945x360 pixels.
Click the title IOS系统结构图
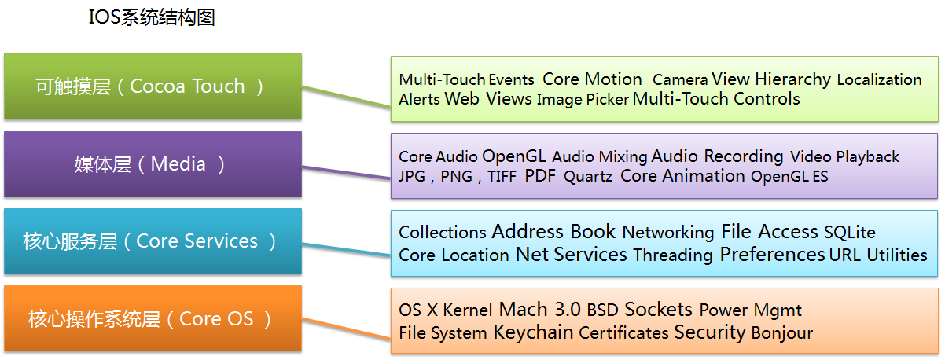[152, 17]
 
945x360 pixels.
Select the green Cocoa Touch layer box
[153, 86]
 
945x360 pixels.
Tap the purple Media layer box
[153, 164]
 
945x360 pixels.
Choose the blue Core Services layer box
[153, 241]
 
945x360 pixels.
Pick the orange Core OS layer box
[153, 318]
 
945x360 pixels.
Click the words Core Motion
[592, 79]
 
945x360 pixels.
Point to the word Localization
[879, 79]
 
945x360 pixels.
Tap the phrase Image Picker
[583, 100]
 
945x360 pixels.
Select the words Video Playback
[844, 157]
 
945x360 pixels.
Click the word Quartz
[587, 177]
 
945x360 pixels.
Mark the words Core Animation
[682, 176]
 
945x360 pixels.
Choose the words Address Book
[553, 232]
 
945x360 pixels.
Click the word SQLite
[849, 233]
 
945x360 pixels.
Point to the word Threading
[672, 255]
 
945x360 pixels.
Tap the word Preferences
[772, 255]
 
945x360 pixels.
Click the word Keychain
[533, 332]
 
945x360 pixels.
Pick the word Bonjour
[781, 333]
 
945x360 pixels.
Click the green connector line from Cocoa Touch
[346, 100]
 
